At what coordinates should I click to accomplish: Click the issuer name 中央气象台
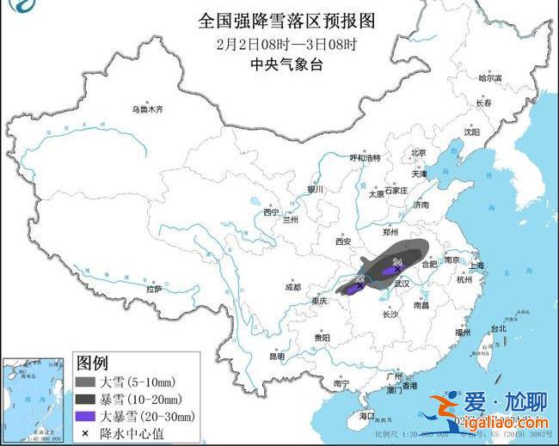[x=276, y=64]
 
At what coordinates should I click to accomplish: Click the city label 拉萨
[x=154, y=289]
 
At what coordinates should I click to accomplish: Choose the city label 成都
[x=293, y=287]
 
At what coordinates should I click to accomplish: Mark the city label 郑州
[x=393, y=231]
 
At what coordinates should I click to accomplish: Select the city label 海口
[x=367, y=415]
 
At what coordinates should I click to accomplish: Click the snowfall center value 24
[x=396, y=261]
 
